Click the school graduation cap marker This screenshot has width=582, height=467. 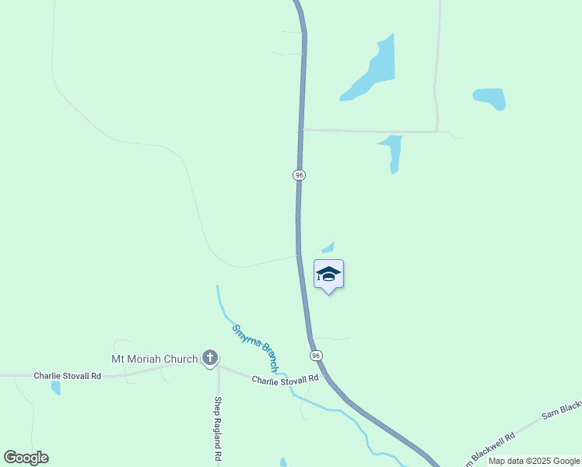[x=328, y=274]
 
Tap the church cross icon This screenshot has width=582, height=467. [x=209, y=358]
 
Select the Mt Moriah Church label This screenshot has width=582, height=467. [x=155, y=359]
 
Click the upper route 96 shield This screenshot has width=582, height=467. [x=299, y=175]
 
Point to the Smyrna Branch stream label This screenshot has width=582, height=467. [x=256, y=346]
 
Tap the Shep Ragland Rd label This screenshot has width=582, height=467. [x=219, y=430]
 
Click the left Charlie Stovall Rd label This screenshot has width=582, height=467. [x=67, y=375]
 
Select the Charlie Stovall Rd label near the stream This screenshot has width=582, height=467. [x=285, y=378]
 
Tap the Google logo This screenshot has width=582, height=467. [x=26, y=458]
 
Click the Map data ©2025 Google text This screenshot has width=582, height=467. [x=534, y=461]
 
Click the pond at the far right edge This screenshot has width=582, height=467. [x=490, y=98]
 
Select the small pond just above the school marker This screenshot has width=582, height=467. [x=329, y=248]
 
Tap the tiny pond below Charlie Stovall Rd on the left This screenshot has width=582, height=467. [x=56, y=387]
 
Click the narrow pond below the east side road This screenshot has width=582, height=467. [x=393, y=152]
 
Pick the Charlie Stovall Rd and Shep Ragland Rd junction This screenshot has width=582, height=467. [x=219, y=366]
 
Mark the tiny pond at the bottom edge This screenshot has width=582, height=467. [x=283, y=462]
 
